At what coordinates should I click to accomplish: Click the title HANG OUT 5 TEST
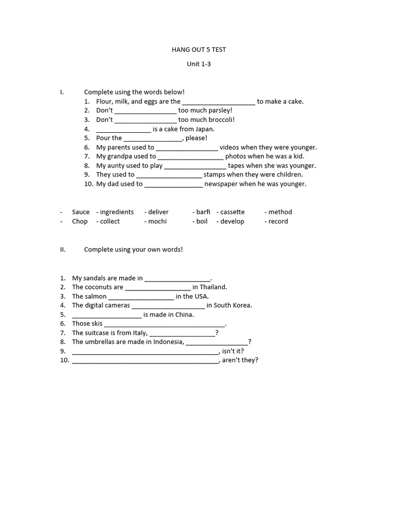pyautogui.click(x=198, y=50)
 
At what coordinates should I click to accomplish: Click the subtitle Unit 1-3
pyautogui.click(x=198, y=64)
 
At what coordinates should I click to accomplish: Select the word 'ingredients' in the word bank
pyautogui.click(x=117, y=212)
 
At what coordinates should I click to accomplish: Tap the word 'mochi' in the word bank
pyautogui.click(x=158, y=221)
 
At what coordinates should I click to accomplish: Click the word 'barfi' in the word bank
pyautogui.click(x=203, y=212)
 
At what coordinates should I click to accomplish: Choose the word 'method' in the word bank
pyautogui.click(x=280, y=212)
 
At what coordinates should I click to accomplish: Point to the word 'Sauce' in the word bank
pyautogui.click(x=81, y=212)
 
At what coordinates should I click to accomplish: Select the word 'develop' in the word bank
pyautogui.click(x=232, y=221)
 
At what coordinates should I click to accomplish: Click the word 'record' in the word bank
pyautogui.click(x=278, y=221)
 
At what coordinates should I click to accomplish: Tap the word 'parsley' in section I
pyautogui.click(x=219, y=110)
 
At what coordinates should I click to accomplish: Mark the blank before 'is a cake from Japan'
pyautogui.click(x=123, y=129)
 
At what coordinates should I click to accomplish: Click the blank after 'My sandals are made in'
pyautogui.click(x=178, y=278)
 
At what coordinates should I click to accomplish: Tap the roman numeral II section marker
pyautogui.click(x=63, y=249)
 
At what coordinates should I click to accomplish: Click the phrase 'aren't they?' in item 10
pyautogui.click(x=240, y=360)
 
